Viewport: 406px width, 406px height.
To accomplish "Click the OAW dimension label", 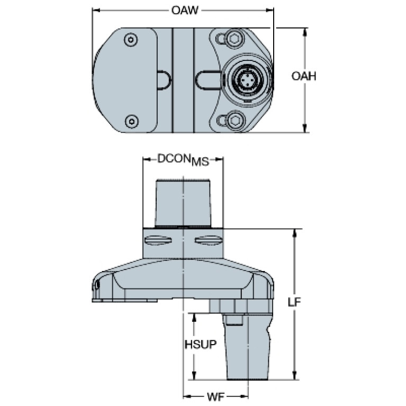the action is point(185,11).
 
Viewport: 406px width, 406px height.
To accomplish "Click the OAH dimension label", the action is point(304,76).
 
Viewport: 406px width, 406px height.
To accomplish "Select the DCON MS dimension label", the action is point(183,159).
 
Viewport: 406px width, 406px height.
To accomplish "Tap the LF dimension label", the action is point(294,302).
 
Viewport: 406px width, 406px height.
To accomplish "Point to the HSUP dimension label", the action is point(201,345).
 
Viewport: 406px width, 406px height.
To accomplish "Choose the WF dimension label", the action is point(215,396).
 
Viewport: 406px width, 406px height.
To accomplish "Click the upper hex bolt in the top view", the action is point(234,39).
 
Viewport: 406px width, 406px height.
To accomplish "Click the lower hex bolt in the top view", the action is point(234,120).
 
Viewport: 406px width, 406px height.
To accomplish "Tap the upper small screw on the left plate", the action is point(131,40).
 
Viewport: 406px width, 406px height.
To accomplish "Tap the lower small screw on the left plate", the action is point(131,121).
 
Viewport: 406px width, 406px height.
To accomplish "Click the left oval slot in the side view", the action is point(158,240).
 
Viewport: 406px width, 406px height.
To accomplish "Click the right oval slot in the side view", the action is point(209,240).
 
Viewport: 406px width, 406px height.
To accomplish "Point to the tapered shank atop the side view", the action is point(183,203).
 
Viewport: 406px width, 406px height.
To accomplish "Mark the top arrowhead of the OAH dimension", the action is point(305,32).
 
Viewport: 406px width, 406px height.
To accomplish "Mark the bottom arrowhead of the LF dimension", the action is point(294,375).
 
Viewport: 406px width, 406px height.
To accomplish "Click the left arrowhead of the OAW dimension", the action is point(96,11).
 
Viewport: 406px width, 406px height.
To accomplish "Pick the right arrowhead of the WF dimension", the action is point(244,396).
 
